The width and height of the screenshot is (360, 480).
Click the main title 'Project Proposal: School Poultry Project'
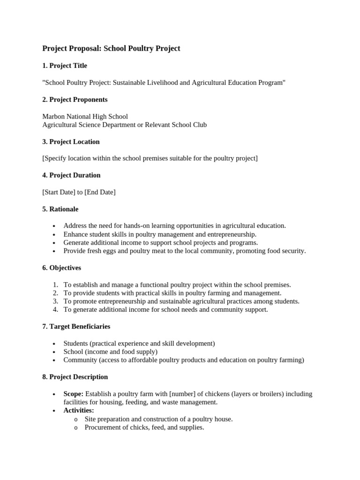click(x=111, y=48)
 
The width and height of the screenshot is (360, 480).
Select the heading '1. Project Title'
click(x=65, y=66)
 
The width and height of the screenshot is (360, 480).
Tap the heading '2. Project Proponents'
click(x=75, y=99)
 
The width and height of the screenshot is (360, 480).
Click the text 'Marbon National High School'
click(x=85, y=116)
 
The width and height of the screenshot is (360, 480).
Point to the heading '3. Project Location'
click(x=71, y=142)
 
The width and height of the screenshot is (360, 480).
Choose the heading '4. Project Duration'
click(x=71, y=175)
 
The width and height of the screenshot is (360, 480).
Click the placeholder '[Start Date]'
click(x=59, y=192)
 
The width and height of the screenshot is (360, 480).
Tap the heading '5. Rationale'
click(x=60, y=209)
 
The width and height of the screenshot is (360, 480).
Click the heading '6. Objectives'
click(x=61, y=268)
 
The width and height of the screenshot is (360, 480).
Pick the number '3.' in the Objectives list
click(x=55, y=301)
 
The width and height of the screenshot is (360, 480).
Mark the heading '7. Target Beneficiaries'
click(x=76, y=326)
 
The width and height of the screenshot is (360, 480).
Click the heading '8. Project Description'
click(x=75, y=377)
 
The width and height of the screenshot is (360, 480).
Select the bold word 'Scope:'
click(x=74, y=394)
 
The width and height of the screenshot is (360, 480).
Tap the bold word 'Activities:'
click(x=79, y=411)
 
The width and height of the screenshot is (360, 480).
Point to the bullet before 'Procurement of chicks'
click(x=76, y=428)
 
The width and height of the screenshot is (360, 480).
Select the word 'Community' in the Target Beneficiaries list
click(x=80, y=360)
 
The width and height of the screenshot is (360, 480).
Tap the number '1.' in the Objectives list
click(x=55, y=285)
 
